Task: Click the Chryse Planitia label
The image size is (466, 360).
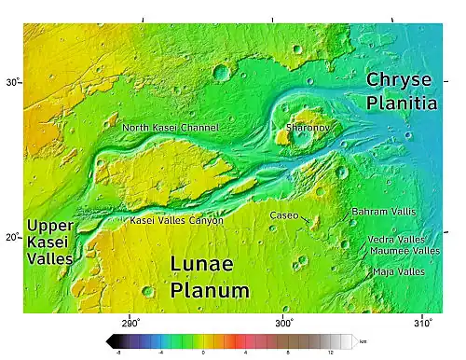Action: pos(401,90)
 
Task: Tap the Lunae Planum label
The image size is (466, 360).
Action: pos(209,277)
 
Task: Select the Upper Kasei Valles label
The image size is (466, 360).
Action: pos(50,242)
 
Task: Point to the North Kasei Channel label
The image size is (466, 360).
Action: pos(171,127)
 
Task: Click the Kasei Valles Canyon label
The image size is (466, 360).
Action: pos(176,221)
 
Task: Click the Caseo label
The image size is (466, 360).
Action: pos(284,215)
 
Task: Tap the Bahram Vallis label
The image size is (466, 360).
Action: pos(383,213)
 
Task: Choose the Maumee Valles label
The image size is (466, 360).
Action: pos(404,251)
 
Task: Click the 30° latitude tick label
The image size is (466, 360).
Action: pos(12,83)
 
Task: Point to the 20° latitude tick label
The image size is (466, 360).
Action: pos(12,236)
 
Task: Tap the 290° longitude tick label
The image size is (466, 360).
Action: pos(130,322)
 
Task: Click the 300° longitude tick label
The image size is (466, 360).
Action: pos(284,322)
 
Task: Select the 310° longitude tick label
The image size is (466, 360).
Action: pos(422,322)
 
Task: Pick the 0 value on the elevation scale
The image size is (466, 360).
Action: pos(203,353)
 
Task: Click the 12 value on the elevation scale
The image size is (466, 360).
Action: pos(331,353)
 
